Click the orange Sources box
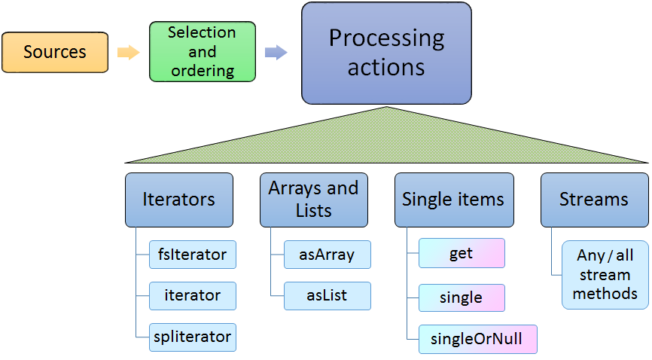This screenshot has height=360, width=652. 55,52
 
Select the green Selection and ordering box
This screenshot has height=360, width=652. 203,52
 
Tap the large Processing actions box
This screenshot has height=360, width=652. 386,53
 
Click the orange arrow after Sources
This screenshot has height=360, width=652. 129,52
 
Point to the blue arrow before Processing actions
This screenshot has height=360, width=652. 276,52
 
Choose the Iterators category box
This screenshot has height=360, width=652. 178,200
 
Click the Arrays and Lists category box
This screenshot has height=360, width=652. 313,200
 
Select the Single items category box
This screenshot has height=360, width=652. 453,200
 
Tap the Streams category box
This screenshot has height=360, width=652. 594,200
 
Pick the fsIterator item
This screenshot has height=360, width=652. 192,255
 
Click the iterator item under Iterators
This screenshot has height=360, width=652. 192,296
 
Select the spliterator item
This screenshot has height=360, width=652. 192,337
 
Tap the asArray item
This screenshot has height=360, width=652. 327,255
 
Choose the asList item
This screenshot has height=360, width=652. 327,296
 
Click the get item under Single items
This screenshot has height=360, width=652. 461,254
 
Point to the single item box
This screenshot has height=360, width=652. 461,297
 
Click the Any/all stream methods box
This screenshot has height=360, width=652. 605,275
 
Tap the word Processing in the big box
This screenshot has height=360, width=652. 386,38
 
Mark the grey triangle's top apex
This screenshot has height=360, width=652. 387,108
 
